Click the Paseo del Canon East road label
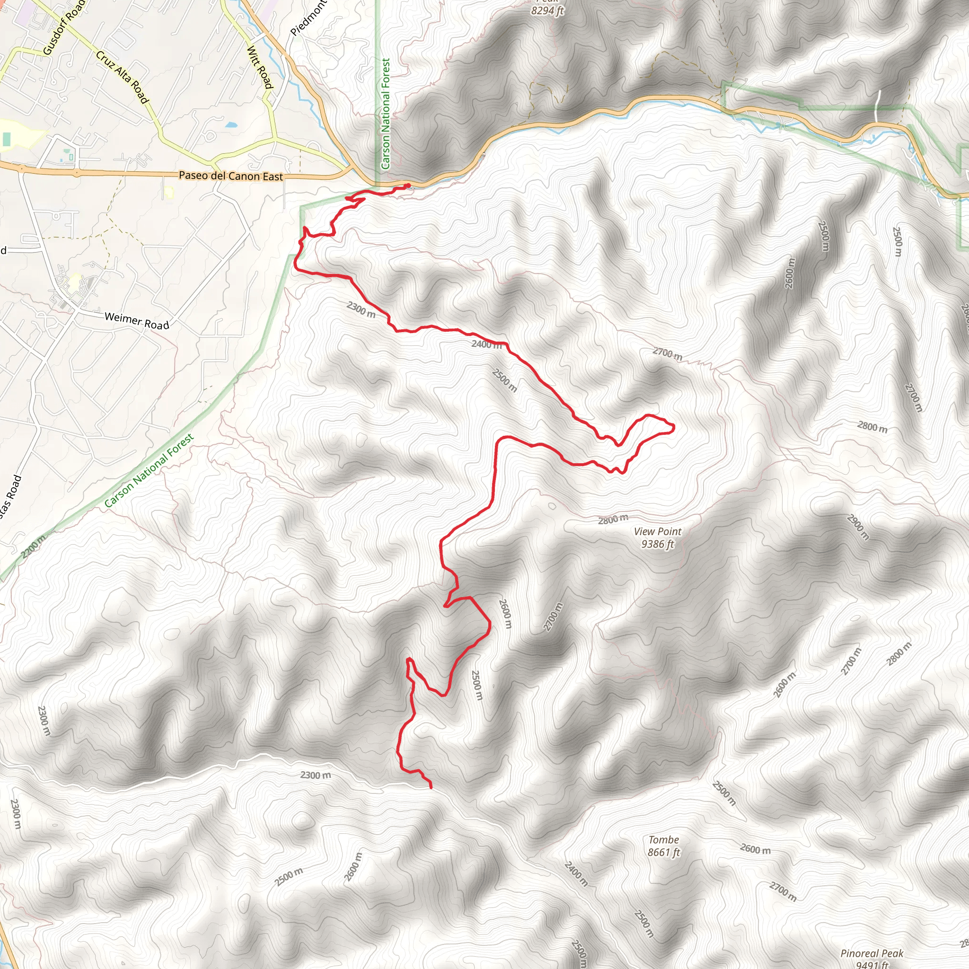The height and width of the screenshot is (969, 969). tap(231, 176)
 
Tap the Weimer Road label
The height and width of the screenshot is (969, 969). tap(137, 321)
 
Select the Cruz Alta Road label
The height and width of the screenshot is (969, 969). tap(123, 77)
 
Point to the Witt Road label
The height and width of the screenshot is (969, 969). tap(260, 67)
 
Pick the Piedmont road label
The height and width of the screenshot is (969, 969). tap(308, 18)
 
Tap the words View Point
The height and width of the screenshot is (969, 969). tap(658, 532)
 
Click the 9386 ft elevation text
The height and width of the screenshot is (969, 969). tap(658, 544)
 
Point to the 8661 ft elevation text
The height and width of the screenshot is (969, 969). tap(663, 852)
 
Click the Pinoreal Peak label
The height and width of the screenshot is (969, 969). tap(872, 953)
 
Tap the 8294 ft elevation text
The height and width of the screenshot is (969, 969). tap(547, 10)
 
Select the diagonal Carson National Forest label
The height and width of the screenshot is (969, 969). tap(149, 471)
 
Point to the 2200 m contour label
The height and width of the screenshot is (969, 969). tap(34, 546)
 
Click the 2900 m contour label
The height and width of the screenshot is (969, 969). tap(858, 527)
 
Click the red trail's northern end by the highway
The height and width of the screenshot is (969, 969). tap(408, 185)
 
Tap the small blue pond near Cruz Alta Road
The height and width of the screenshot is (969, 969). tap(231, 124)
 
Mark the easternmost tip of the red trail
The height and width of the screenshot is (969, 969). tap(674, 427)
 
